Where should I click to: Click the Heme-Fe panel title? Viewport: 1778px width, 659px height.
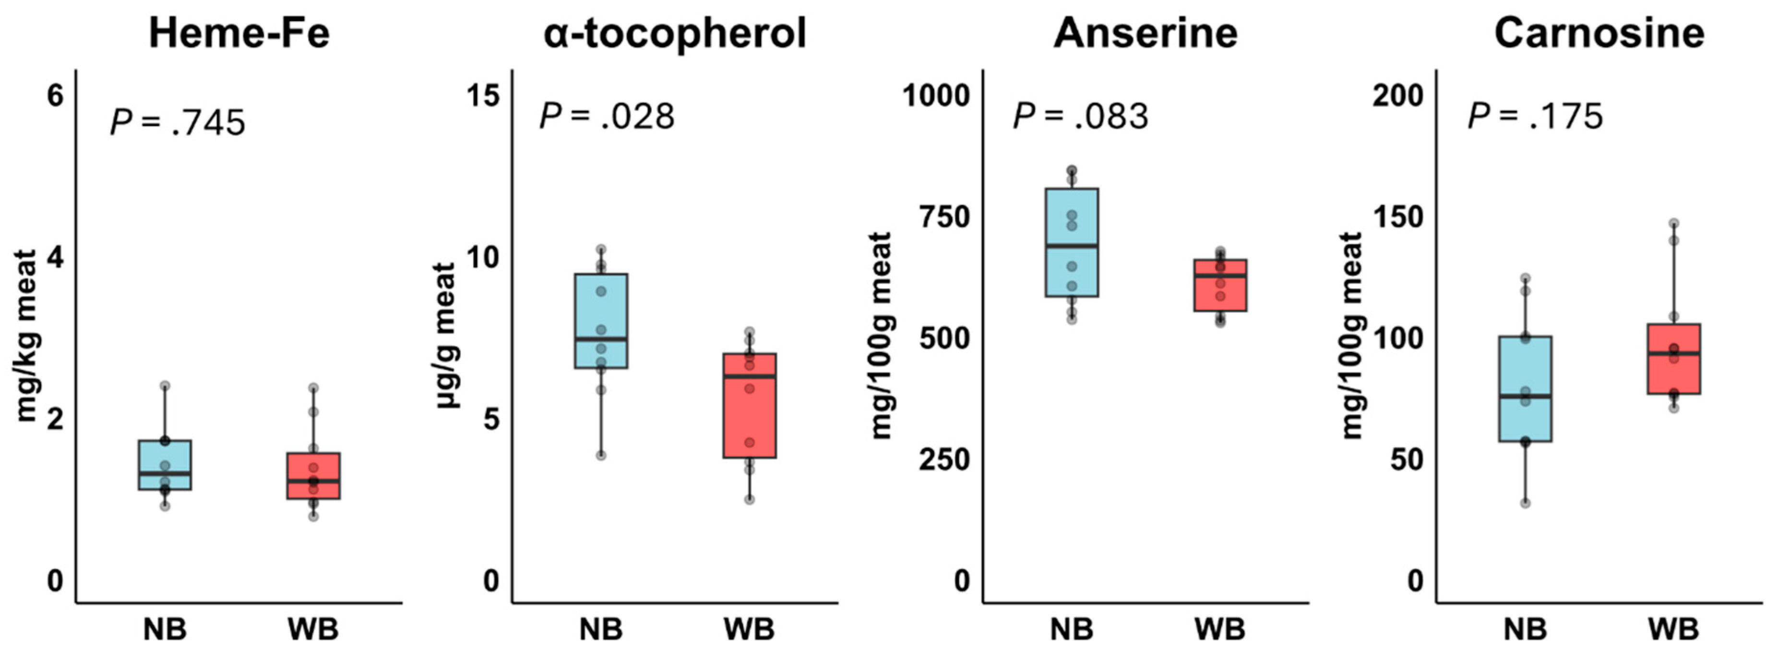pos(239,33)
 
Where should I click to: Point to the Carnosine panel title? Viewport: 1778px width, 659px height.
pos(1599,33)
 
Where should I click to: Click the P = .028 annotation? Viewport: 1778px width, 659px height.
pos(606,116)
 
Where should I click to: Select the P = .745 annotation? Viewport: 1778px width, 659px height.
pos(178,123)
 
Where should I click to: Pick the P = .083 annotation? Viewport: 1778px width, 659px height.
pos(1080,116)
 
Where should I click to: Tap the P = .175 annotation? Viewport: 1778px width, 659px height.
pos(1534,116)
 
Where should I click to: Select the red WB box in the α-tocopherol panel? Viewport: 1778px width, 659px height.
pos(749,406)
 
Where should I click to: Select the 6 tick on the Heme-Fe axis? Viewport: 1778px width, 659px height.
pos(55,95)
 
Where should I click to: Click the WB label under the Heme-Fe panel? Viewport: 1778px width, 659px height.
pos(313,629)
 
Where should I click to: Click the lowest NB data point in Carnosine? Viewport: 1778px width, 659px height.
pos(1526,503)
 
